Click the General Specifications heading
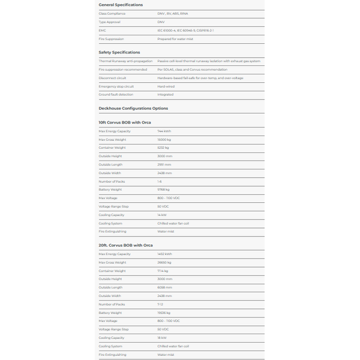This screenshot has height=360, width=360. point(121,5)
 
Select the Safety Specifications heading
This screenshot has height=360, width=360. point(119,52)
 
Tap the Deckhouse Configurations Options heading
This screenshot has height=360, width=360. point(133,108)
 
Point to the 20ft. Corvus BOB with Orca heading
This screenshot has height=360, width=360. point(126,245)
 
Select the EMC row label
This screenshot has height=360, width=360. point(102,30)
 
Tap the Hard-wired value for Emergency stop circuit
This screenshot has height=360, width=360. point(166,86)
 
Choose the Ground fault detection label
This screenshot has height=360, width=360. point(116,94)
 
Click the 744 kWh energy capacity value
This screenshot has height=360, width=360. point(164,131)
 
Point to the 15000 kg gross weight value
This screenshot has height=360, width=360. point(164,139)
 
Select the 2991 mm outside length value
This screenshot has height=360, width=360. point(164,164)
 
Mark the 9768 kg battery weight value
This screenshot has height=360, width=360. point(164,190)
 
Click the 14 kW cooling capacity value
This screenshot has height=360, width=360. point(162,215)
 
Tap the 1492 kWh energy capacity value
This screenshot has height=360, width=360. point(165,254)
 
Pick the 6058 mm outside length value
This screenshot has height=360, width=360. point(164,287)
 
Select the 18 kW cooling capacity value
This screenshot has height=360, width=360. point(162,338)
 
